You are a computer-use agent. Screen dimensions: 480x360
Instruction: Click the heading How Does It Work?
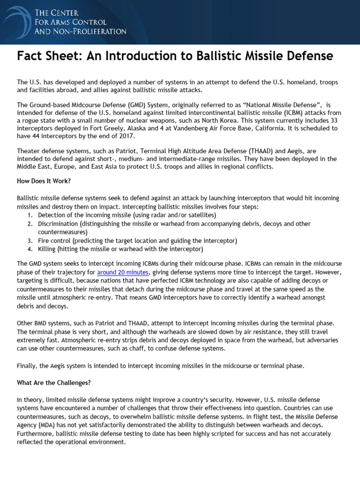click(44, 181)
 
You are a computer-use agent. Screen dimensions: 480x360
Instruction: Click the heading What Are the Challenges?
click(54, 382)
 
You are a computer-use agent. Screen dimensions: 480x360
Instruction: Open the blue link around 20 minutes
click(123, 272)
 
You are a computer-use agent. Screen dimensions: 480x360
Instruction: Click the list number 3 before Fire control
click(30, 240)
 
